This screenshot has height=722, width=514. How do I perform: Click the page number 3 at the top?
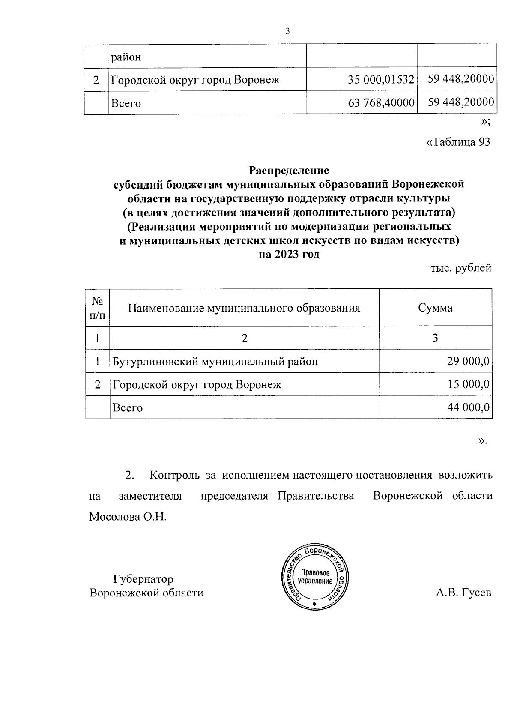(x=287, y=31)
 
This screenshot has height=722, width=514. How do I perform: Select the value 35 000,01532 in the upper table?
(x=381, y=80)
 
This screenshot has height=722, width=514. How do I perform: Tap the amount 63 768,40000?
(x=382, y=103)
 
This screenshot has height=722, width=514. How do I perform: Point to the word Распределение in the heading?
(x=289, y=171)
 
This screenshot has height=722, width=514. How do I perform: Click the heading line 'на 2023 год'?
(x=289, y=255)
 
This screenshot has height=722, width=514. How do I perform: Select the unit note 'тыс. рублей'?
(x=460, y=268)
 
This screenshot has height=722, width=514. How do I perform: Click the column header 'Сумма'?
(x=435, y=308)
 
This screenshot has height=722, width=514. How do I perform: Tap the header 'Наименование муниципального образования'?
(x=244, y=308)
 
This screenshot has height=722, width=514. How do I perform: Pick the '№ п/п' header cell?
(x=98, y=308)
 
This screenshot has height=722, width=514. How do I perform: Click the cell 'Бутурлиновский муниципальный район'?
(x=215, y=361)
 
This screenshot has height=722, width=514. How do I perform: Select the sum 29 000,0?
(x=468, y=361)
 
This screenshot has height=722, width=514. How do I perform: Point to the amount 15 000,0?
(x=468, y=384)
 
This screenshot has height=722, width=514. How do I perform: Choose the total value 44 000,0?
(x=468, y=407)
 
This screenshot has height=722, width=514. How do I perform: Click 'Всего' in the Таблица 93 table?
(x=127, y=407)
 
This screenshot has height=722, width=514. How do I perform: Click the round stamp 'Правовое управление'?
(x=316, y=578)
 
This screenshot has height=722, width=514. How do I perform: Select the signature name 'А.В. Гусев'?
(x=463, y=593)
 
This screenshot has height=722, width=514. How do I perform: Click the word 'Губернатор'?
(x=143, y=579)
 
